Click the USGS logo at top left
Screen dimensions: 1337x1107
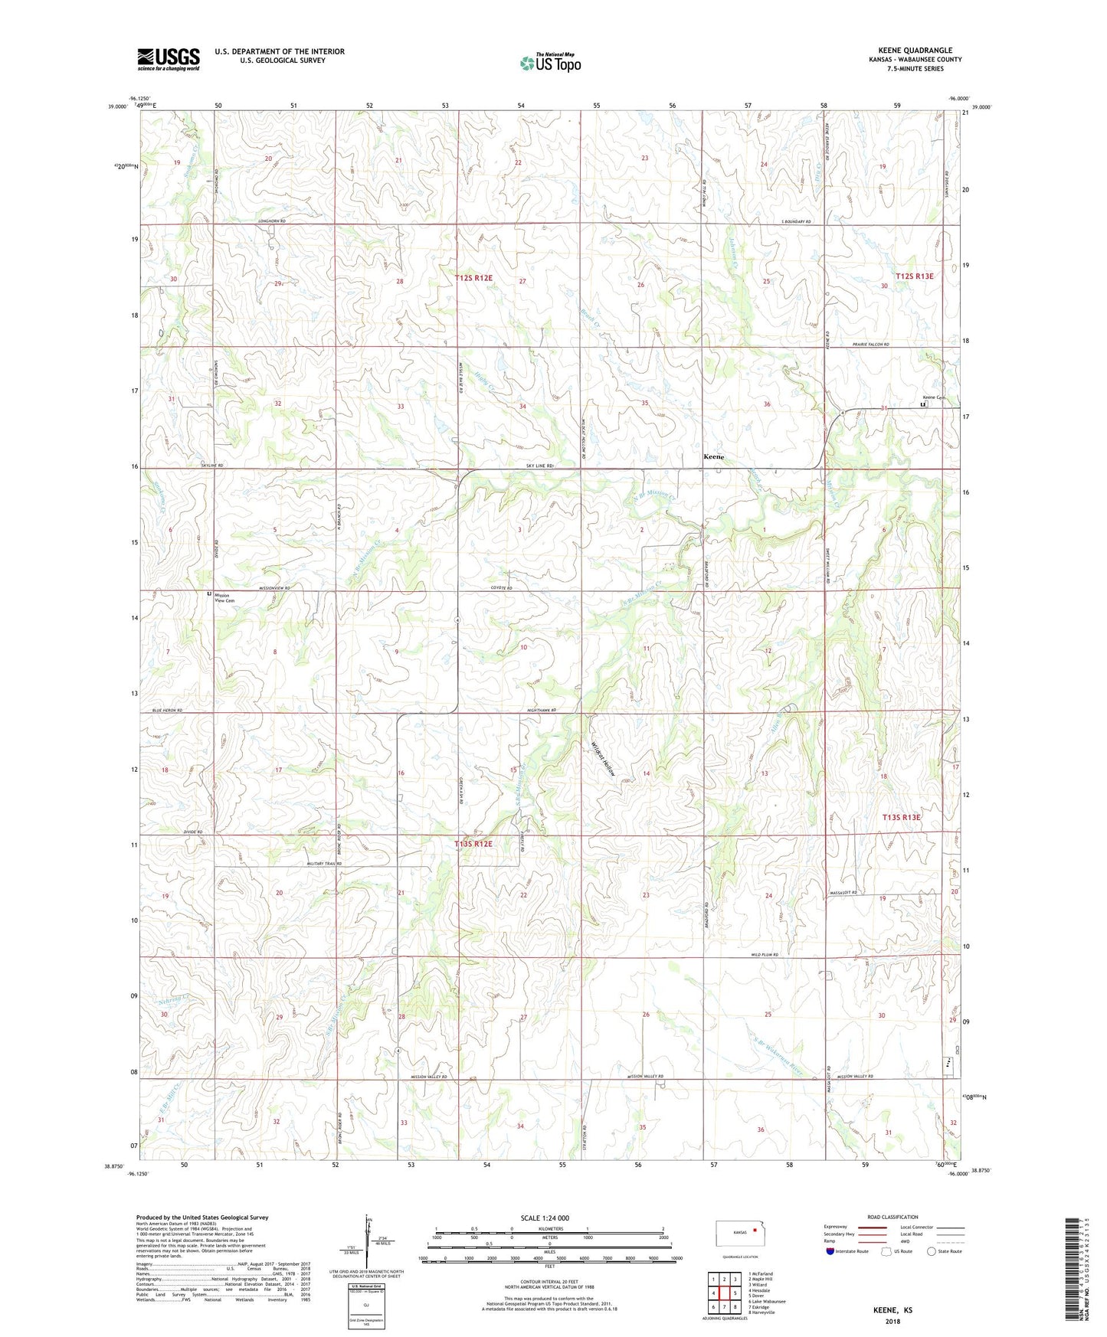(x=168, y=59)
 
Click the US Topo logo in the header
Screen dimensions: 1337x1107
(x=550, y=64)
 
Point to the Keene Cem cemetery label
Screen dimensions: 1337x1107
(x=930, y=397)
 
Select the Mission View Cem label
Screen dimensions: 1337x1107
(x=224, y=598)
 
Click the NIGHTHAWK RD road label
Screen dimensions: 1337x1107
(x=541, y=711)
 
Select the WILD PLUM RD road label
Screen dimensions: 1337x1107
(x=765, y=955)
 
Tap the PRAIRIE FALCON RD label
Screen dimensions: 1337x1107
(x=871, y=345)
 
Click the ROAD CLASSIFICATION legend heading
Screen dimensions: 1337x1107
(x=892, y=1217)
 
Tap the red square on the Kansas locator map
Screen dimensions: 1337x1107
(x=755, y=1231)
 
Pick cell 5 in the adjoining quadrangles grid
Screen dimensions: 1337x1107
(x=734, y=1293)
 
